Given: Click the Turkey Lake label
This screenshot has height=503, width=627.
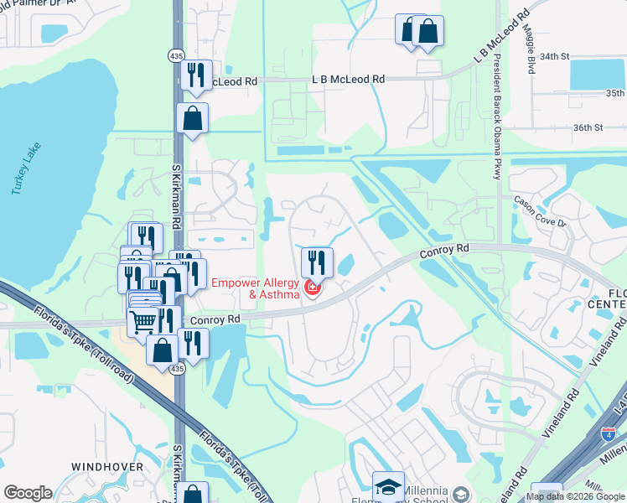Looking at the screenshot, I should tap(28, 169).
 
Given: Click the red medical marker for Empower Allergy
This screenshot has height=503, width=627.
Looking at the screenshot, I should tap(313, 288).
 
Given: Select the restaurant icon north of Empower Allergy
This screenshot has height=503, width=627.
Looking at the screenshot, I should tap(317, 261).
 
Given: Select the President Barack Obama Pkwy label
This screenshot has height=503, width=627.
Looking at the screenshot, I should tap(497, 117).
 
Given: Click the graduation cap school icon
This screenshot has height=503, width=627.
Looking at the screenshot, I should tap(388, 486).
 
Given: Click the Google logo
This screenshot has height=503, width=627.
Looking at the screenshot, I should tap(28, 493).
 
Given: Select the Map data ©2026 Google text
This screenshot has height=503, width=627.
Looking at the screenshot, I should tap(575, 496).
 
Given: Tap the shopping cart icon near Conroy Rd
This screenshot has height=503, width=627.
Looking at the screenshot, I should tap(143, 319).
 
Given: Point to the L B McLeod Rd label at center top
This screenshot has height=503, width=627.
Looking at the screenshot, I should tap(348, 79).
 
